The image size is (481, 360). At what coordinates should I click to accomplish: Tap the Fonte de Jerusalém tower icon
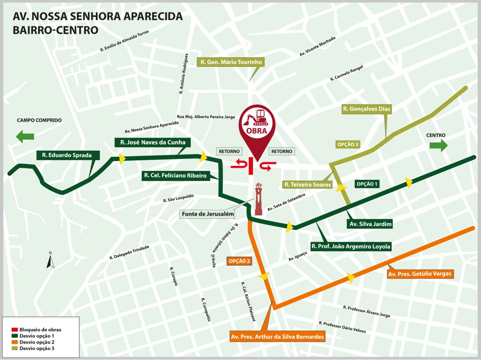click(x=259, y=199)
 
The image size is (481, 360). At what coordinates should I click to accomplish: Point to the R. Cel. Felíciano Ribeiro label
click(x=176, y=175)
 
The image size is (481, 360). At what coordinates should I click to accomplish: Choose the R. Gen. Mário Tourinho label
click(x=230, y=62)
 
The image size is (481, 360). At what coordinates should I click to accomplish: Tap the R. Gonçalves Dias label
click(x=367, y=109)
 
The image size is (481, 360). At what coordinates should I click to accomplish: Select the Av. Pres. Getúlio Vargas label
click(x=420, y=274)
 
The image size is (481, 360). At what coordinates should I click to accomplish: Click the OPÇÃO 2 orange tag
click(x=239, y=261)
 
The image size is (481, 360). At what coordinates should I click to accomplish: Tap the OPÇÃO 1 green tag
click(x=367, y=184)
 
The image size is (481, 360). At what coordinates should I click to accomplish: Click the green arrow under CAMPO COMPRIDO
click(x=26, y=137)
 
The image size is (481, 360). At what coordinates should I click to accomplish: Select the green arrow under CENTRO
click(x=438, y=146)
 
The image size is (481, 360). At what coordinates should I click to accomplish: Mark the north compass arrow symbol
click(x=51, y=261)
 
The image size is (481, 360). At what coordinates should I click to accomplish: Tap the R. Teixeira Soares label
click(x=308, y=185)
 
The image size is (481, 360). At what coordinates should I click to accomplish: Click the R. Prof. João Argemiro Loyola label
click(x=351, y=246)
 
